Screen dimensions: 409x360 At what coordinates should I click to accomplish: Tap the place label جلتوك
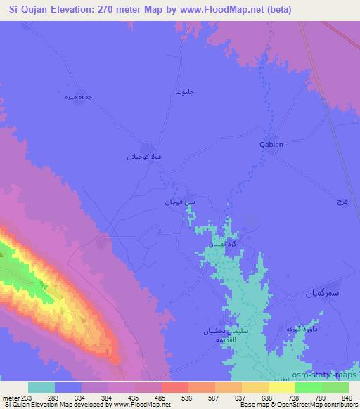click(x=182, y=92)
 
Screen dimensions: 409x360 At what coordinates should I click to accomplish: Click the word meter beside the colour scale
click(x=11, y=397)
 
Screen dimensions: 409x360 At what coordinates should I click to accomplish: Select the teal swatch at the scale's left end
click(x=41, y=387)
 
